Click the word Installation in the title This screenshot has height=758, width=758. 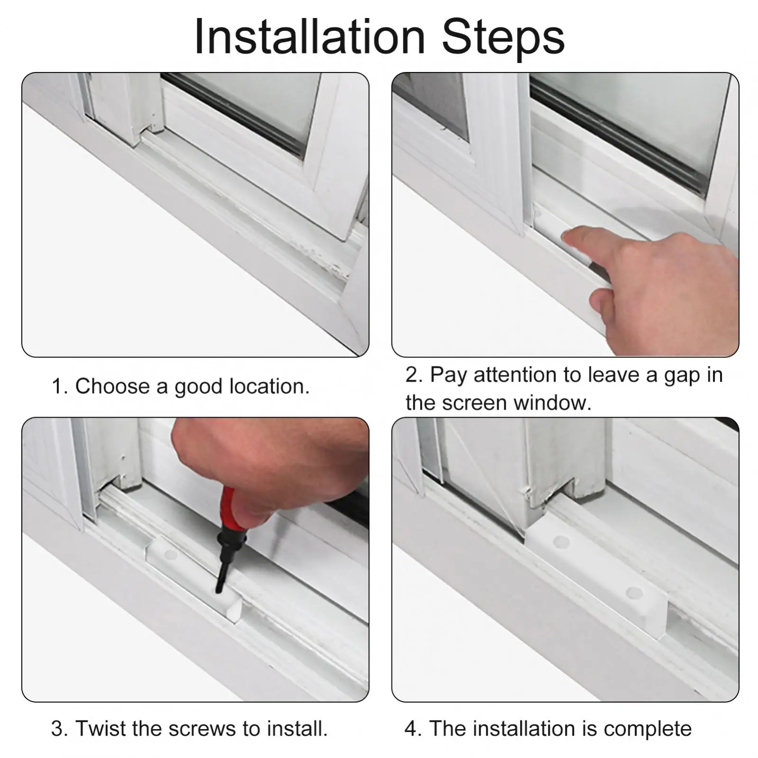click(x=310, y=37)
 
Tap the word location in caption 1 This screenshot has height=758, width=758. click(x=269, y=386)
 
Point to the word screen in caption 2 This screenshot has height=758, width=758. click(x=475, y=403)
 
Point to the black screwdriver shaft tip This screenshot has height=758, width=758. click(x=219, y=590)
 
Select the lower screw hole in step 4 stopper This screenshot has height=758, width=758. click(x=634, y=593)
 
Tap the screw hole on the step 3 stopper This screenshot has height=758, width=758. click(x=168, y=554)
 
